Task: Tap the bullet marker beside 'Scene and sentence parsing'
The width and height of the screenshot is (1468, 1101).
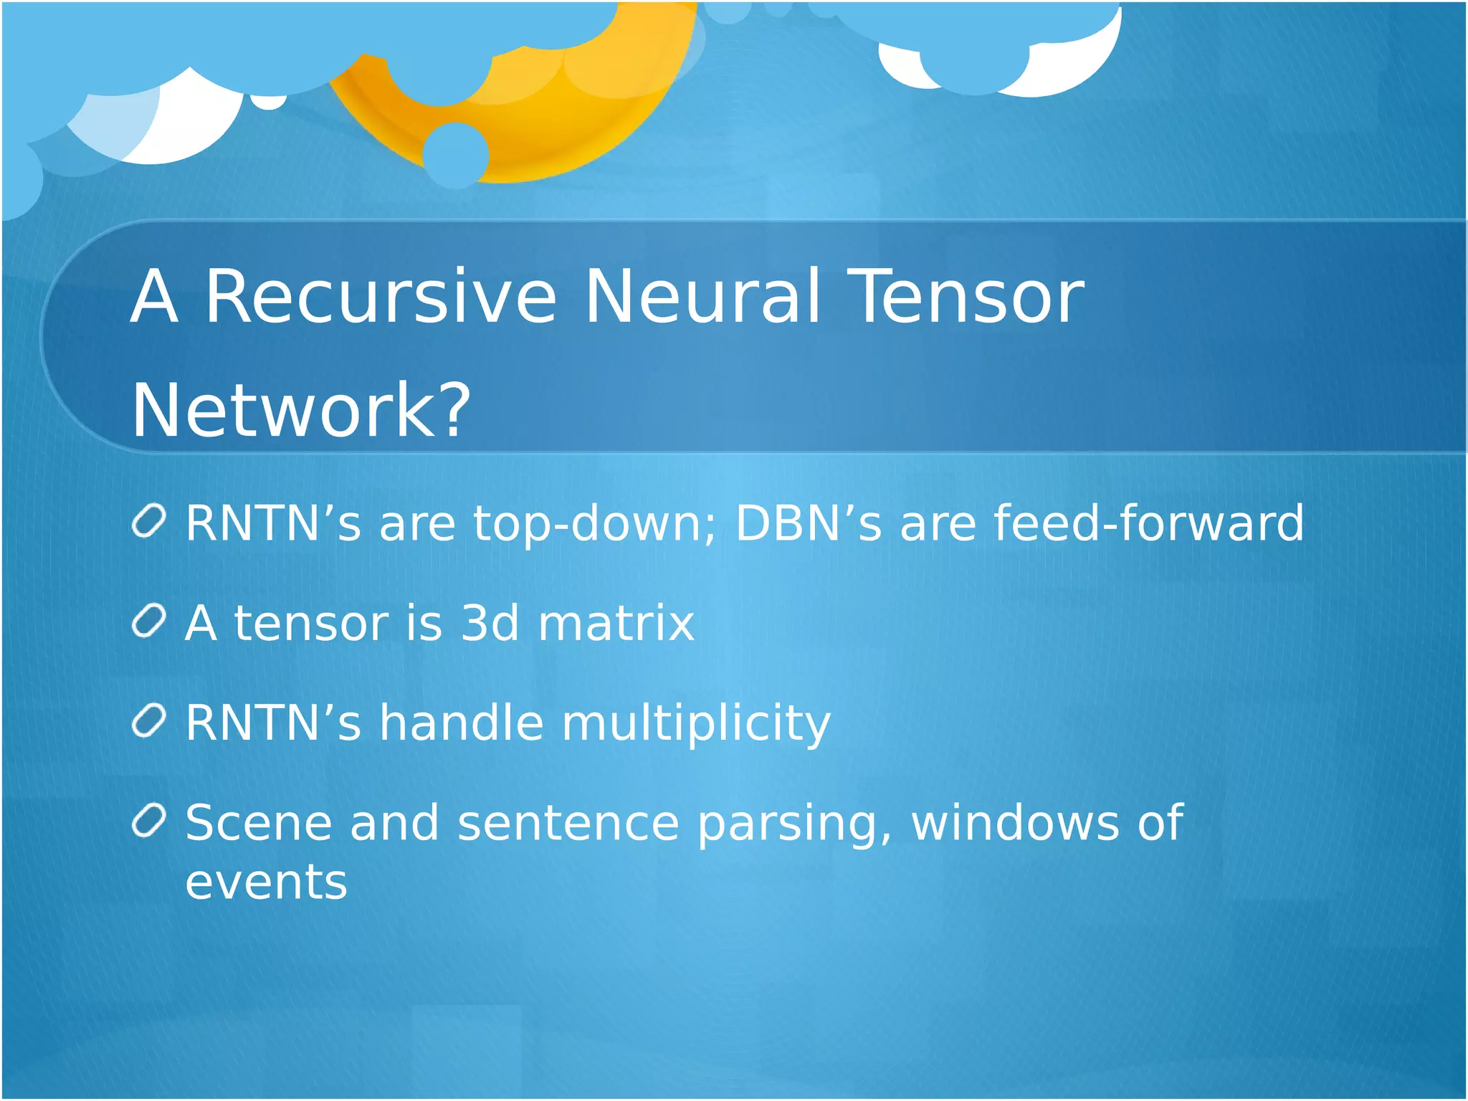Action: click(x=149, y=821)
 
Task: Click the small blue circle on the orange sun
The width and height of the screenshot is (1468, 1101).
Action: click(x=455, y=154)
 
